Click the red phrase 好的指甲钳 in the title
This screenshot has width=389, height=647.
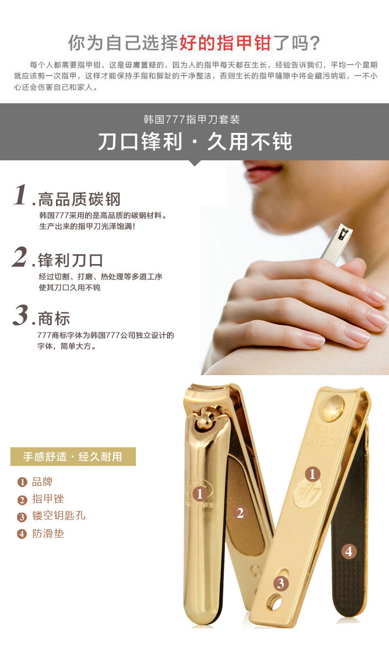225,44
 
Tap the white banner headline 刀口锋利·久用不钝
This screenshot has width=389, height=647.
195,142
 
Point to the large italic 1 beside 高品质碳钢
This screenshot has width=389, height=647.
21,196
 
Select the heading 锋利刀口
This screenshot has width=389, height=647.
71,260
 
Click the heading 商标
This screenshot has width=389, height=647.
54,319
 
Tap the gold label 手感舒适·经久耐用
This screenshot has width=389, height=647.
73,457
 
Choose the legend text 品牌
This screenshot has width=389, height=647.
43,482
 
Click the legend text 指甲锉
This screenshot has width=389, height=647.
48,499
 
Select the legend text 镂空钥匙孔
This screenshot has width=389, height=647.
59,516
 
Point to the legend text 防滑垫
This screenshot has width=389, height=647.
48,533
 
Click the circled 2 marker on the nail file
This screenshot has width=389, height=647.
240,513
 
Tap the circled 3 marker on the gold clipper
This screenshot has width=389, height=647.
281,583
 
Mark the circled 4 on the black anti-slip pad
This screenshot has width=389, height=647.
349,551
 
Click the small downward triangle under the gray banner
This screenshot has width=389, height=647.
195,163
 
